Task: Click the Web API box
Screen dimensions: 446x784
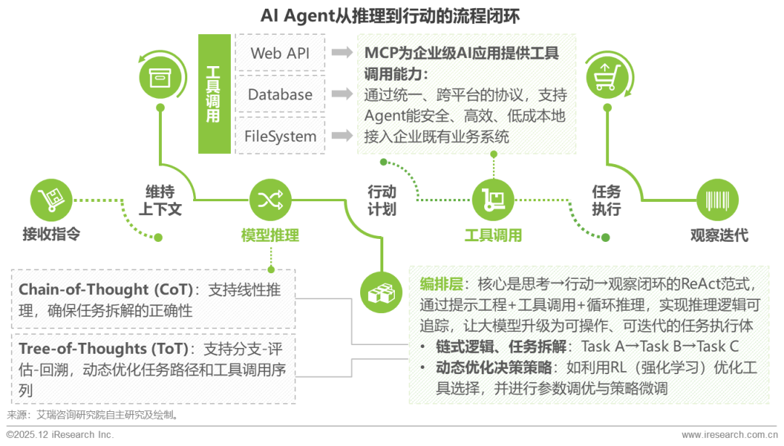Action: click(x=280, y=53)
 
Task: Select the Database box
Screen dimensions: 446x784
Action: click(x=280, y=94)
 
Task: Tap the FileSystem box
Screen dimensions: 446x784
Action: click(x=280, y=136)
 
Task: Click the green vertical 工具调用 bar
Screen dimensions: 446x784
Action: click(x=213, y=94)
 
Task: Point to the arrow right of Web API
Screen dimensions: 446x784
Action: click(x=342, y=53)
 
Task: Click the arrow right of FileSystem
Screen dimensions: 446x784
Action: click(x=342, y=136)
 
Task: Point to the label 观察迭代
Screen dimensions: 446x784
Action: click(x=719, y=235)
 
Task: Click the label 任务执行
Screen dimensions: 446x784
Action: click(x=606, y=200)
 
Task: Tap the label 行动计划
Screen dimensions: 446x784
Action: click(x=382, y=200)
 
